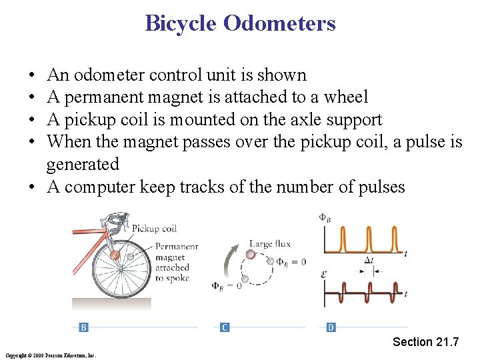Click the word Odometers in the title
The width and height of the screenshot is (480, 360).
point(279,24)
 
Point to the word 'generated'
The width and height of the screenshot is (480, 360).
point(83,164)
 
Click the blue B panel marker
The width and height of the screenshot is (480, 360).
point(83,327)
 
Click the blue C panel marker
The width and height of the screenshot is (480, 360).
point(225,327)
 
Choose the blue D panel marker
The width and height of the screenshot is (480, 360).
point(331,327)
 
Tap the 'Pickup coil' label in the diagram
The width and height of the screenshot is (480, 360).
point(154,229)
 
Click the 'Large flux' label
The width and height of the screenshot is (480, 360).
point(270,244)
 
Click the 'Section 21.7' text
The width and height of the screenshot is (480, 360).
point(425,342)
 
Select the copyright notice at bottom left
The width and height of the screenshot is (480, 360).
point(50,355)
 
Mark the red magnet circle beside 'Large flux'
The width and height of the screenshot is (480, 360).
point(251,254)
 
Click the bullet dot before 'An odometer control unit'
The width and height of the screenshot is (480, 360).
point(33,75)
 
